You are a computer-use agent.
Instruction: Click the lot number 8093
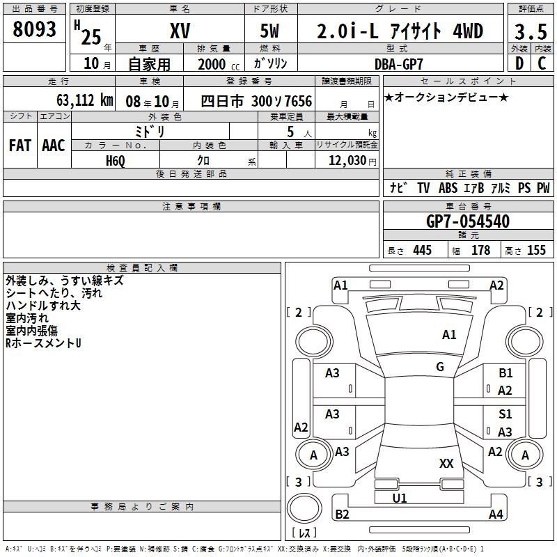pos(34,29)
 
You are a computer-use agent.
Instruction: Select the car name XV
pos(180,31)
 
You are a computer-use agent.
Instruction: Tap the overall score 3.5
pos(531,31)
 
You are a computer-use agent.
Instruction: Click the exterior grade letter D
pos(519,63)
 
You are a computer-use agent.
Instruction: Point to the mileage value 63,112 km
pos(85,100)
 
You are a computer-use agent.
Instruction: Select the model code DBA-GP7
pos(399,64)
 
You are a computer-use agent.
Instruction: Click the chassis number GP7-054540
pos(468,221)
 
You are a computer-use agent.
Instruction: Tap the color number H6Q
pos(116,161)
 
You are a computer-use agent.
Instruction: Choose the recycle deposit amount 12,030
pos(347,161)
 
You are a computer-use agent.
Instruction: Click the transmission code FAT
pos(20,146)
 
